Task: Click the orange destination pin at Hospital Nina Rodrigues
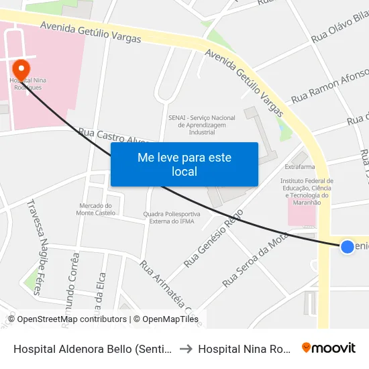[x=21, y=68]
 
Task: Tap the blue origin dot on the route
[x=347, y=247]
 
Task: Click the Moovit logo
[x=329, y=348]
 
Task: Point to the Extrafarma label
[x=300, y=166]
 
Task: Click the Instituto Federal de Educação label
[x=308, y=191]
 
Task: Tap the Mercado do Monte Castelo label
[x=94, y=209]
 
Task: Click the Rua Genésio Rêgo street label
[x=213, y=242]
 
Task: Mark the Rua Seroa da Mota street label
[x=255, y=260]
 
